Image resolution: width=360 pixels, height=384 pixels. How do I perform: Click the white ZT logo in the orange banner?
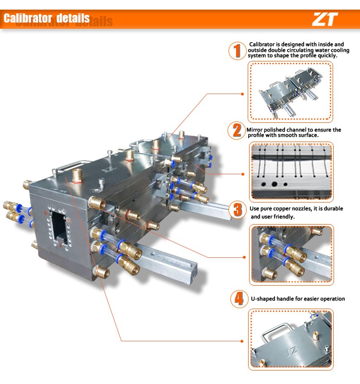pyautogui.click(x=325, y=19)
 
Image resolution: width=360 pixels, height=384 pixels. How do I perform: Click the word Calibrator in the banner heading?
pyautogui.click(x=28, y=18)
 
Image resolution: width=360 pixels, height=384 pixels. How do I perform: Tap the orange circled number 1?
pyautogui.click(x=237, y=51)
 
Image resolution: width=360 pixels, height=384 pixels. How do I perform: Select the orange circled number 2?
pyautogui.click(x=237, y=130)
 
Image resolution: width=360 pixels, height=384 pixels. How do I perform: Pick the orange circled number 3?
pyautogui.click(x=238, y=210)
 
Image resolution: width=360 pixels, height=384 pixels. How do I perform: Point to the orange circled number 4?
pyautogui.click(x=239, y=299)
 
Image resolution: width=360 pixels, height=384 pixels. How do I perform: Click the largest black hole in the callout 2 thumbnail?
pyautogui.click(x=274, y=184)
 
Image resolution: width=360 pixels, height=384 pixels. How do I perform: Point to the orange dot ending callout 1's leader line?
pyautogui.click(x=242, y=94)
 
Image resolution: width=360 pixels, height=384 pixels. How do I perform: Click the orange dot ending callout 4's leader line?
pyautogui.click(x=242, y=341)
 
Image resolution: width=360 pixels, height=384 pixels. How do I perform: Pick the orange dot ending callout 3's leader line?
pyautogui.click(x=244, y=257)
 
